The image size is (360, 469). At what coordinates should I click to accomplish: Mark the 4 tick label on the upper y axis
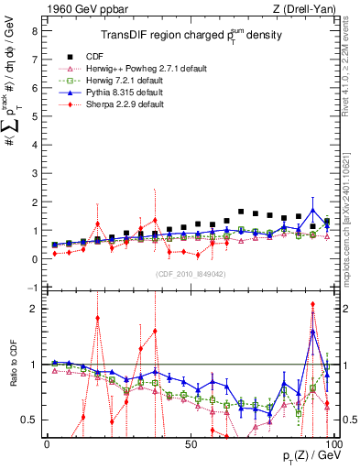(34, 145)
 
